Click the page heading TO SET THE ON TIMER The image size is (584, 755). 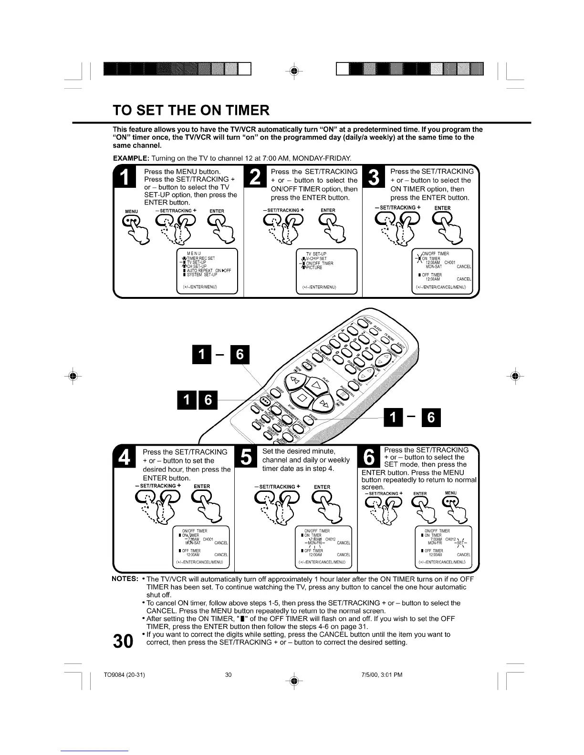(191, 111)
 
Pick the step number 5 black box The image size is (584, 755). (245, 459)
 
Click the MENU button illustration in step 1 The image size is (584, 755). (131, 221)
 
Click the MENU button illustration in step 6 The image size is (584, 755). (450, 501)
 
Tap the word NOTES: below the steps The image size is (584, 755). (125, 579)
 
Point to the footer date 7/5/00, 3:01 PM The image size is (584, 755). (379, 675)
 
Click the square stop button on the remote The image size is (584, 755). (302, 397)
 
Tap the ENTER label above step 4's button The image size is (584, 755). (202, 487)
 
